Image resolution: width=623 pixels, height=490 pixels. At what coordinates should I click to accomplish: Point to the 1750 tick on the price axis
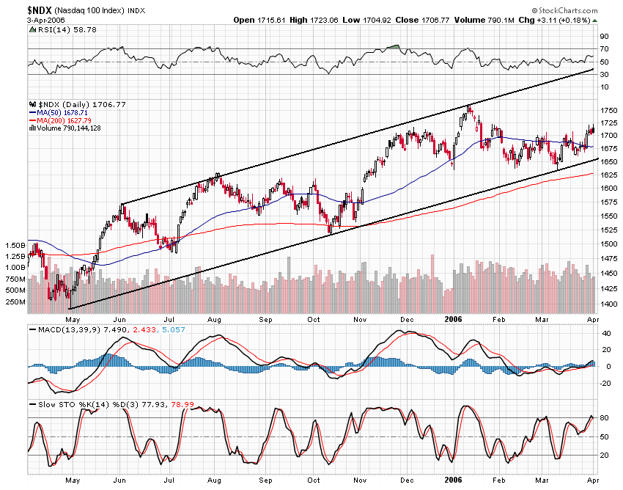(x=608, y=109)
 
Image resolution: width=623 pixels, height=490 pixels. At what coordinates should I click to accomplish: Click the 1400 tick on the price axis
(x=608, y=304)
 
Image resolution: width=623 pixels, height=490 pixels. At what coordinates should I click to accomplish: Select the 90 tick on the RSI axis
(x=605, y=35)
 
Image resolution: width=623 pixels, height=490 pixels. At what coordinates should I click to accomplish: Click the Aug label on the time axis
(x=214, y=320)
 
